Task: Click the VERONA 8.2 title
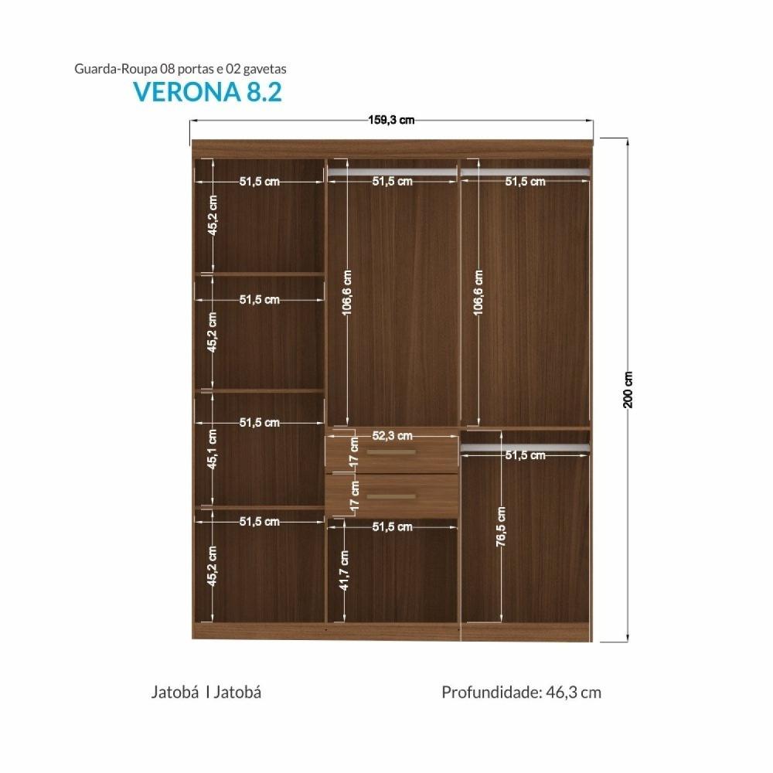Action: coord(207,90)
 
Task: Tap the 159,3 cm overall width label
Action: coord(391,120)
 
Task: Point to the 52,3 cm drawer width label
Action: coord(392,436)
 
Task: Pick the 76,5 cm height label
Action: coord(501,527)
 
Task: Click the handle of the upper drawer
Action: coord(391,451)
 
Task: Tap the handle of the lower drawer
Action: coord(391,496)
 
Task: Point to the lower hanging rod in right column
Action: coord(526,448)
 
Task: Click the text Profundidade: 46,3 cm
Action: coord(521,692)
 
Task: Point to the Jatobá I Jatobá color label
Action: coord(206,692)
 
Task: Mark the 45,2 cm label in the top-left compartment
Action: coord(213,215)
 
